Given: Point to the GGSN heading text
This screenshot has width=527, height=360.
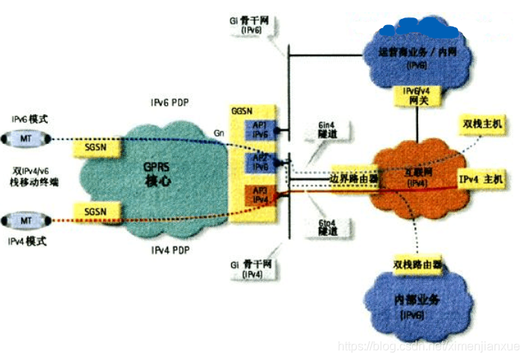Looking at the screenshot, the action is (x=241, y=111).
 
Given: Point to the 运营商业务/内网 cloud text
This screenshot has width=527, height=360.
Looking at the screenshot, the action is (x=417, y=53).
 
